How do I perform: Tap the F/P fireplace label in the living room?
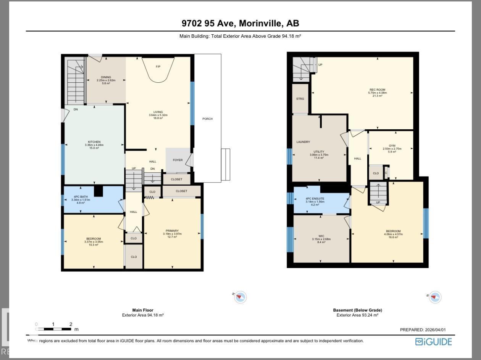(158, 67)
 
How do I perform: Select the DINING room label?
(106, 77)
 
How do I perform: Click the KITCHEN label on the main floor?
(94, 142)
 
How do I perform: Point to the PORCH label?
(207, 119)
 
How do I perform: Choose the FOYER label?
(178, 160)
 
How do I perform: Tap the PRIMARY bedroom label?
(172, 231)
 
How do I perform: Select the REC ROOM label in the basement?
(377, 90)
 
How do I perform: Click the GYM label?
(392, 146)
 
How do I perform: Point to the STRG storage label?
(300, 99)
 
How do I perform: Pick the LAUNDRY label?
(303, 142)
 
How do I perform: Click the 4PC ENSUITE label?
(315, 199)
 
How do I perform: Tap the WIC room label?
(321, 236)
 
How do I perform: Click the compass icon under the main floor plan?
(240, 297)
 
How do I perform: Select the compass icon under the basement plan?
(434, 297)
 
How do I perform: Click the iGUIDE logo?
(433, 341)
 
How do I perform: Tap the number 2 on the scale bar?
(71, 325)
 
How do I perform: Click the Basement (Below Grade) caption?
(357, 310)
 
